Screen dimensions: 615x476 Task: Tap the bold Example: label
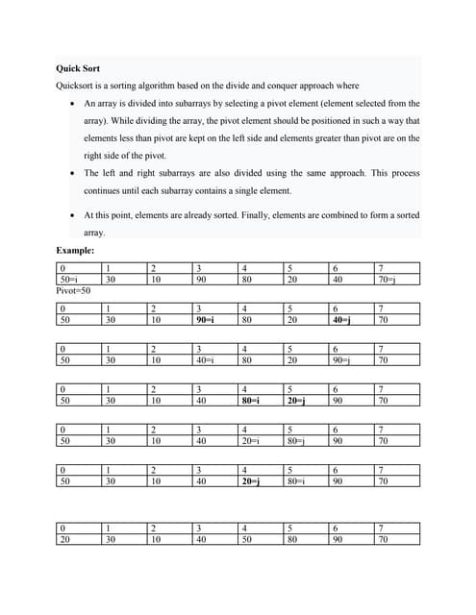point(75,251)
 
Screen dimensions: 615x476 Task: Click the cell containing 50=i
point(68,280)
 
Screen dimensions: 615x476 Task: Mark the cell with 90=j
point(343,360)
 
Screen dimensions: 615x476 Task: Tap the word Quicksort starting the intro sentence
point(77,86)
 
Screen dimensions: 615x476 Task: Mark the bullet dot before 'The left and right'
point(74,173)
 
